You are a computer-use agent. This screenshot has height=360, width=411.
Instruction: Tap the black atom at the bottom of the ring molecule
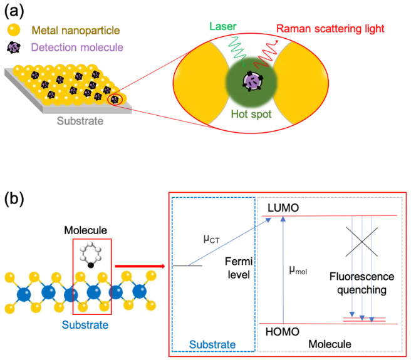(x=91, y=266)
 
